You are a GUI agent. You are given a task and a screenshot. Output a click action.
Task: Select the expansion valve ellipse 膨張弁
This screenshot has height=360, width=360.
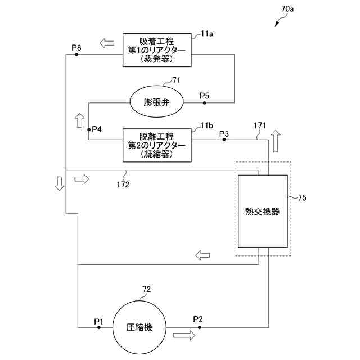[x=156, y=102]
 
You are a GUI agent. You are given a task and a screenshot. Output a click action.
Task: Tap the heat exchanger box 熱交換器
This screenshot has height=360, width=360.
[x=263, y=211]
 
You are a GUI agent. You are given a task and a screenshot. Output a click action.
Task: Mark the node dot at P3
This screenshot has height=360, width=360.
[x=224, y=139]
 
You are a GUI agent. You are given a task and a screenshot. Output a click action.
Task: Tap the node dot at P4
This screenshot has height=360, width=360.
[x=88, y=129]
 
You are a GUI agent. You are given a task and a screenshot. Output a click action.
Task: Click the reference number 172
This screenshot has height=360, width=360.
[x=123, y=184]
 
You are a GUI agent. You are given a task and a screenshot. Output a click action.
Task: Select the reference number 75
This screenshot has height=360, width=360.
[x=302, y=197]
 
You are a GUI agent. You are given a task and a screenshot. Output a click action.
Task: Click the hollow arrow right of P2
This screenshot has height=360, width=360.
[x=184, y=335]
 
